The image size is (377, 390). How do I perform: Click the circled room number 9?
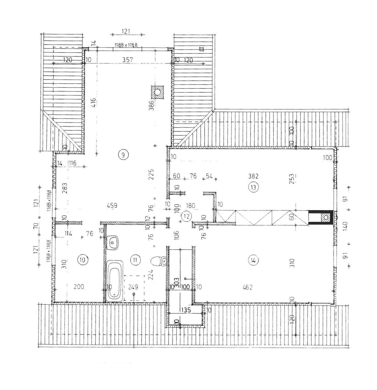click(x=123, y=155)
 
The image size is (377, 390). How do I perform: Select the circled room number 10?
click(x=83, y=260)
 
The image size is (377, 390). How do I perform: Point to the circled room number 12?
click(x=186, y=216)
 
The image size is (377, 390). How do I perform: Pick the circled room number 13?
click(x=253, y=187)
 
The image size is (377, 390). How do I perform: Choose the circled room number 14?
click(x=253, y=261)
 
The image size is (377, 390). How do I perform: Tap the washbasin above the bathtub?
click(x=113, y=242)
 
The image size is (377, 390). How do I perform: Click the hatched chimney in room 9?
click(x=157, y=92)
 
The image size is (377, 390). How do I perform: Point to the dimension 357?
click(x=128, y=60)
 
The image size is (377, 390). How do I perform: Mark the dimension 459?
click(x=112, y=206)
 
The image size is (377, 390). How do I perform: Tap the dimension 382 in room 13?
click(x=253, y=176)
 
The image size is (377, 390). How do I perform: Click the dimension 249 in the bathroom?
click(x=133, y=287)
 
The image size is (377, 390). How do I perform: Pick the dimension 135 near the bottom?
click(x=186, y=310)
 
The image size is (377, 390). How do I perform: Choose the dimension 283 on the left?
click(x=65, y=188)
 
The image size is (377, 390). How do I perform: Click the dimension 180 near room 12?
click(x=191, y=206)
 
